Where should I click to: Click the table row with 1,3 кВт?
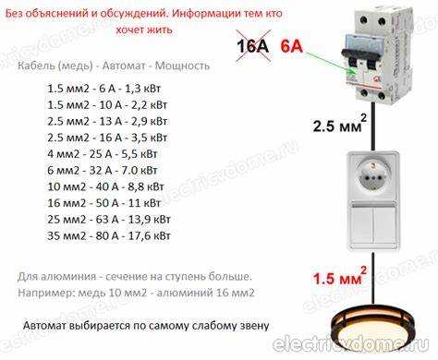coord(108,88)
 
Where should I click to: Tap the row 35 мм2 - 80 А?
coord(109,237)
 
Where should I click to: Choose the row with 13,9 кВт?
coord(108,221)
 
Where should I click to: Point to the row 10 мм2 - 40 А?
coord(109,187)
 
